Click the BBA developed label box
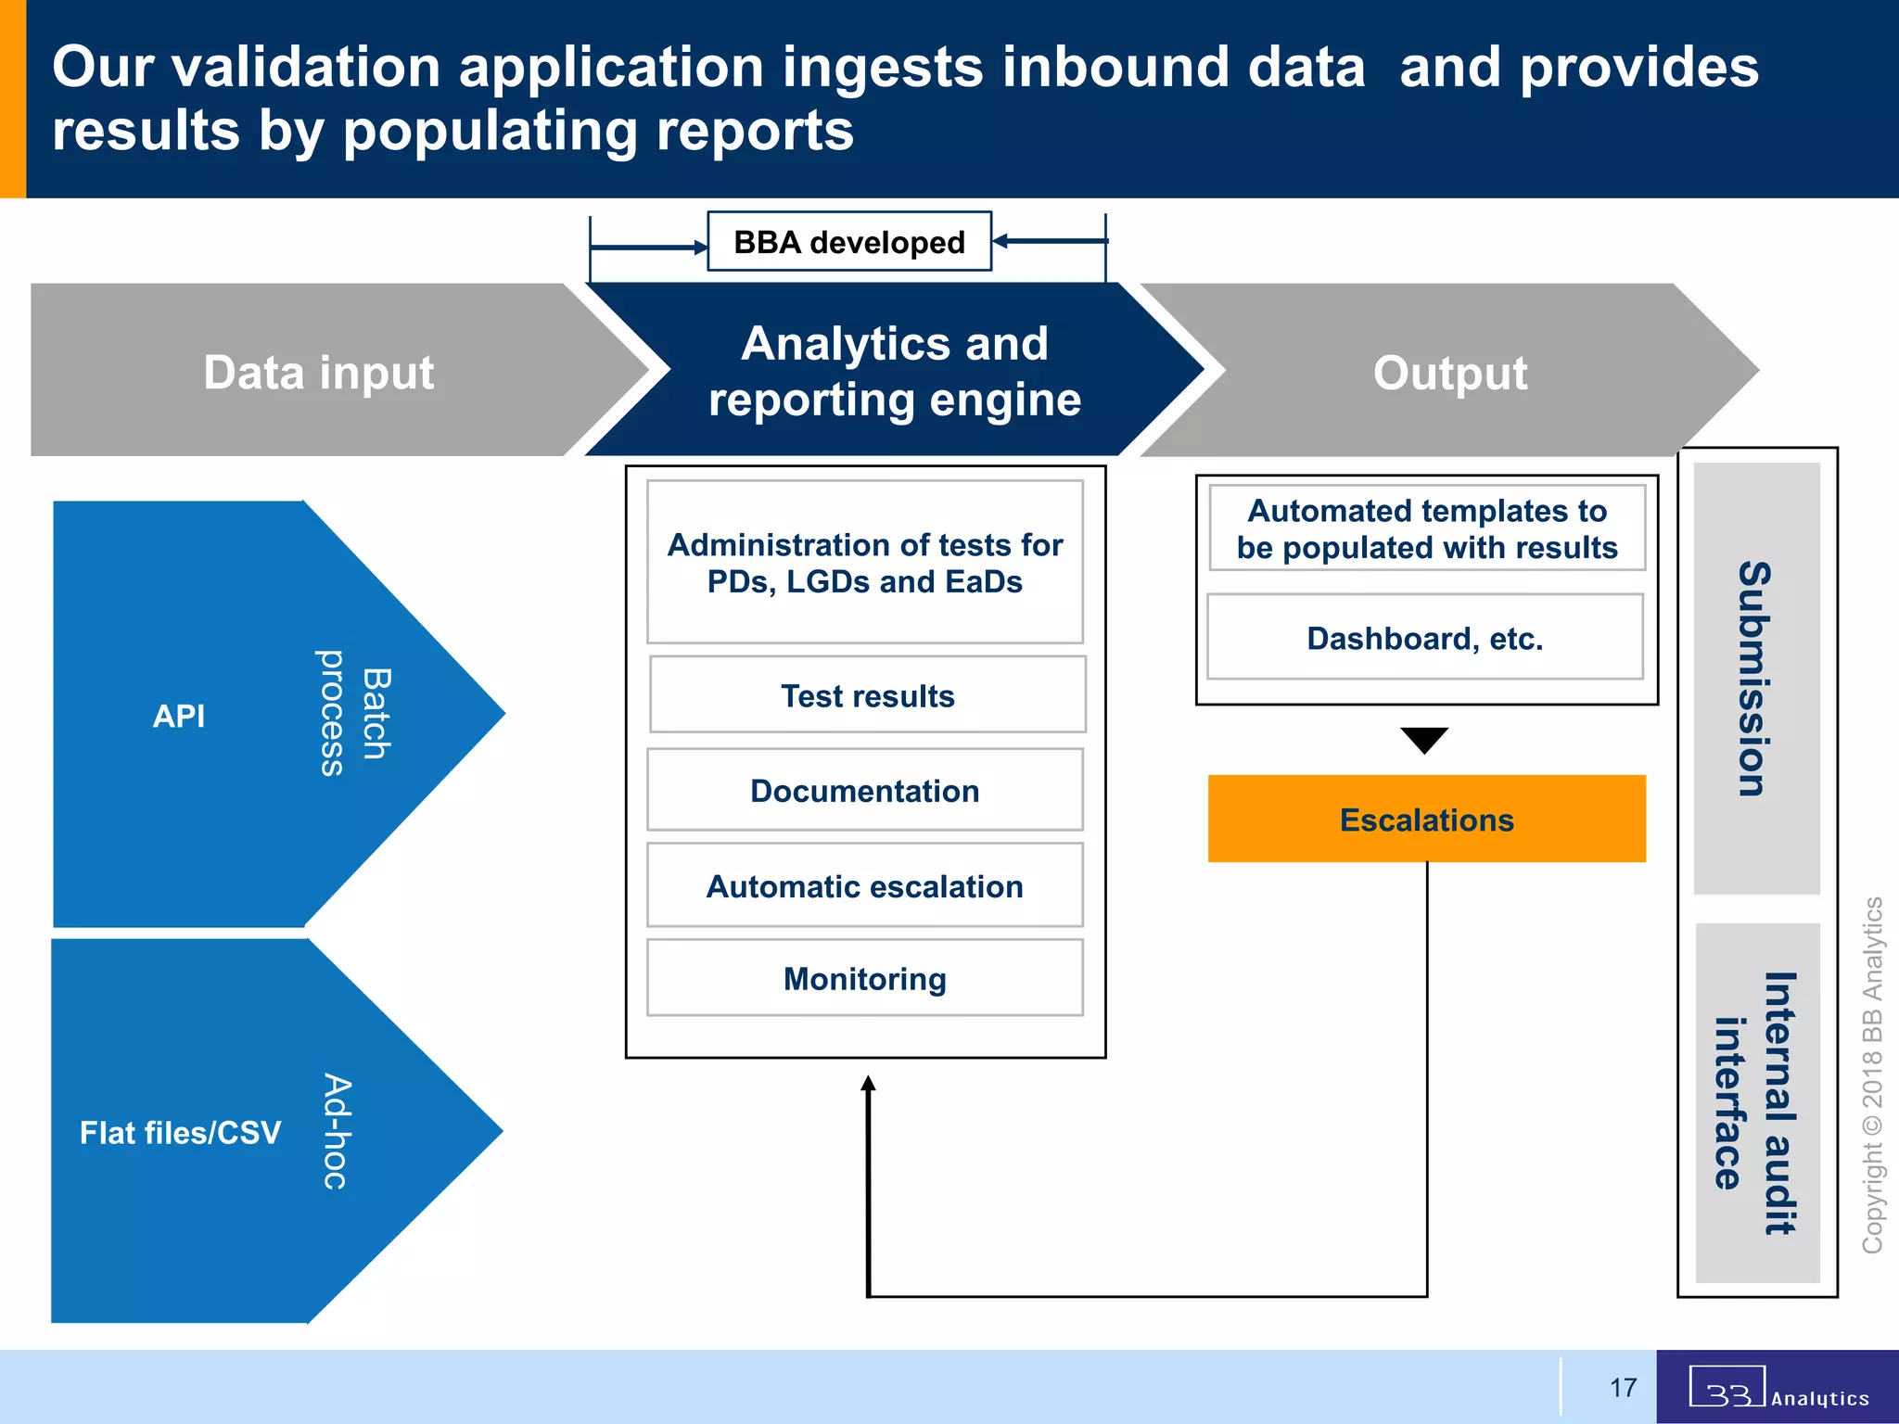pos(848,242)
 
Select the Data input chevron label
pos(318,373)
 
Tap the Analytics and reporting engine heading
pos(894,371)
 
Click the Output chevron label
pos(1449,373)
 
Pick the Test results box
pos(867,695)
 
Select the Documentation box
pos(864,791)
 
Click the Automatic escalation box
pos(864,886)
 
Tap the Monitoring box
pos(864,979)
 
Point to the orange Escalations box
pos(1426,820)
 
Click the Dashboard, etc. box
pos(1424,638)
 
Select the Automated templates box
pos(1426,528)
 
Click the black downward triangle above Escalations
pos(1424,739)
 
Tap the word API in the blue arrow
pos(179,716)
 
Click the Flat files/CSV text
pos(180,1132)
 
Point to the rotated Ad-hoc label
pos(336,1131)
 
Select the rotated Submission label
pos(1755,679)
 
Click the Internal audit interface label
pos(1755,1103)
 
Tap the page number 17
pos(1623,1388)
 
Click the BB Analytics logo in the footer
pos(1777,1388)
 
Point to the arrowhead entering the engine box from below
pos(868,1084)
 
